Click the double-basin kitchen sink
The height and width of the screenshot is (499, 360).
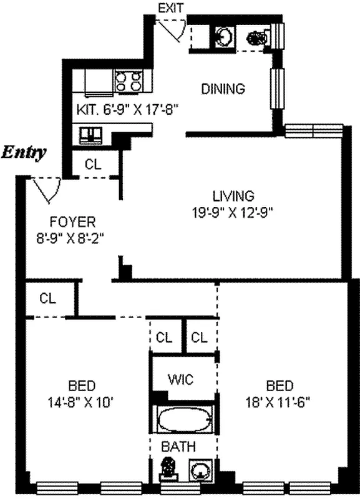coord(90,133)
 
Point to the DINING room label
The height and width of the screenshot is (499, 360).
coord(223,89)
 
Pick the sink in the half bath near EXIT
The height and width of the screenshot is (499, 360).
coord(223,37)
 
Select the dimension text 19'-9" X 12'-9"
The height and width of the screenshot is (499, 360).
coord(233,211)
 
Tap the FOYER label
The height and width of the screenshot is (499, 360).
coord(72,221)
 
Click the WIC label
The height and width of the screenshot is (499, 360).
coord(182,379)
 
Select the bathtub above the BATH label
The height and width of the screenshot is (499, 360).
coord(183,420)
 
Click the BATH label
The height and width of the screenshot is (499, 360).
coord(179,447)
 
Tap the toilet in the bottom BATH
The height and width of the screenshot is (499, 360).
coord(168,469)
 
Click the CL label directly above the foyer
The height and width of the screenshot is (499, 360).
coord(93,165)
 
